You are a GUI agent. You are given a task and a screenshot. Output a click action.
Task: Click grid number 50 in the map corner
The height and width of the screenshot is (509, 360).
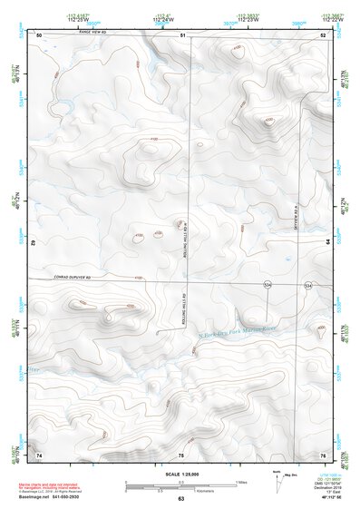(x=39, y=35)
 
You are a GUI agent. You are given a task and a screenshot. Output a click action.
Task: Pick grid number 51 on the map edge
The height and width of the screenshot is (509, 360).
(x=182, y=35)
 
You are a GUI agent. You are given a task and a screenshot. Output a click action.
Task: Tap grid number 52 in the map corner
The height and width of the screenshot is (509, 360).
(x=322, y=35)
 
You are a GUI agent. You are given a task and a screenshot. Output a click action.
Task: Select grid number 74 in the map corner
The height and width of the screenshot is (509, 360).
(x=39, y=454)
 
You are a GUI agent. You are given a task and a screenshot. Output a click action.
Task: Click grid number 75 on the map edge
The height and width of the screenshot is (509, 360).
(x=181, y=454)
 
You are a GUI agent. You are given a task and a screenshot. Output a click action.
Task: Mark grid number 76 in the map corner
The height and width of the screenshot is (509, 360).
(x=322, y=454)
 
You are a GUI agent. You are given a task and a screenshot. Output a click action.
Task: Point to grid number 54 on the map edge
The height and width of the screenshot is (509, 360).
(x=327, y=241)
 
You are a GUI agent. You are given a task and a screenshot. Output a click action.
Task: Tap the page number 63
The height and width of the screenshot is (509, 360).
(x=180, y=499)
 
